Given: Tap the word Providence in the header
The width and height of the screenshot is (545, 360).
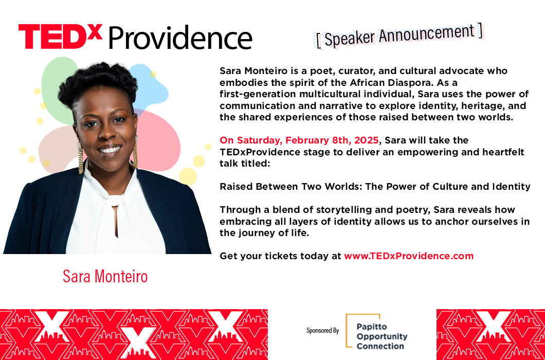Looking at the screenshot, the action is [180, 38].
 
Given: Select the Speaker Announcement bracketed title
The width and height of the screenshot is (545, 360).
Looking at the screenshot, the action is [399, 36].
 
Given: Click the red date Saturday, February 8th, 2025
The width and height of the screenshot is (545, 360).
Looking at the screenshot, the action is [299, 140].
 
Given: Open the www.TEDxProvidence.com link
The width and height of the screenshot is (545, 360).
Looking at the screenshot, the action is [409, 256].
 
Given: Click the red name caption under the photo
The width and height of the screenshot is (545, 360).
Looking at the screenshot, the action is [105, 277].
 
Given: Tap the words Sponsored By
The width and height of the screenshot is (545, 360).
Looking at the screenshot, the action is [322, 331].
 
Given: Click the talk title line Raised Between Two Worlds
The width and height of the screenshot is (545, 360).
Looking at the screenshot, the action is [375, 187].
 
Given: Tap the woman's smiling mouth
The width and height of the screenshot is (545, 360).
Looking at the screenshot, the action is [110, 150].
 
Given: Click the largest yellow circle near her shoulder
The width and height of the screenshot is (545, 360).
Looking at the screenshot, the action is [188, 176].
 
